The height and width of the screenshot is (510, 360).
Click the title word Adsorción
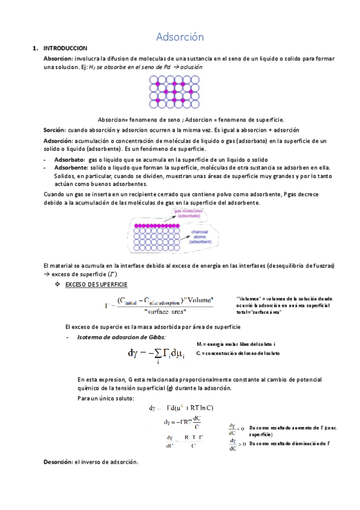180,37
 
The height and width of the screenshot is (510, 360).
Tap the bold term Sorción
55,130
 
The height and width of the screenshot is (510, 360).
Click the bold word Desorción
57,462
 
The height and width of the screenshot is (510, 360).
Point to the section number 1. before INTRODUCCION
35,49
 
